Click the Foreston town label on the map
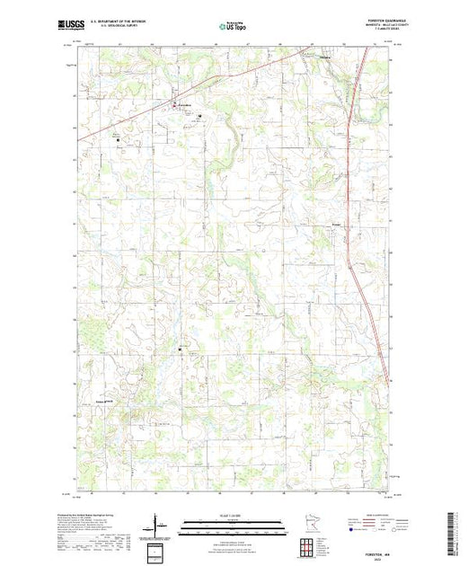coord(185,106)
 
